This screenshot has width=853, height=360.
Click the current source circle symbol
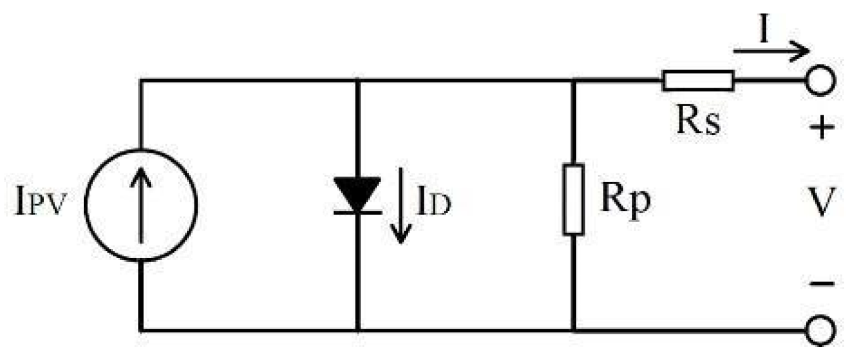point(141,205)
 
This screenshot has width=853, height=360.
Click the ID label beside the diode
point(433,205)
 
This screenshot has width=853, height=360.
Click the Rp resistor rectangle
point(573,199)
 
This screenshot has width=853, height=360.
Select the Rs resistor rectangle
point(698,80)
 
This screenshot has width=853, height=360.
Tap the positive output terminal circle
point(819,81)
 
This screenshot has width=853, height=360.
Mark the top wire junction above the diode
point(357,80)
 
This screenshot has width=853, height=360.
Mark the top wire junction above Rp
point(573,80)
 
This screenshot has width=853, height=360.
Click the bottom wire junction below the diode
point(357,331)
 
